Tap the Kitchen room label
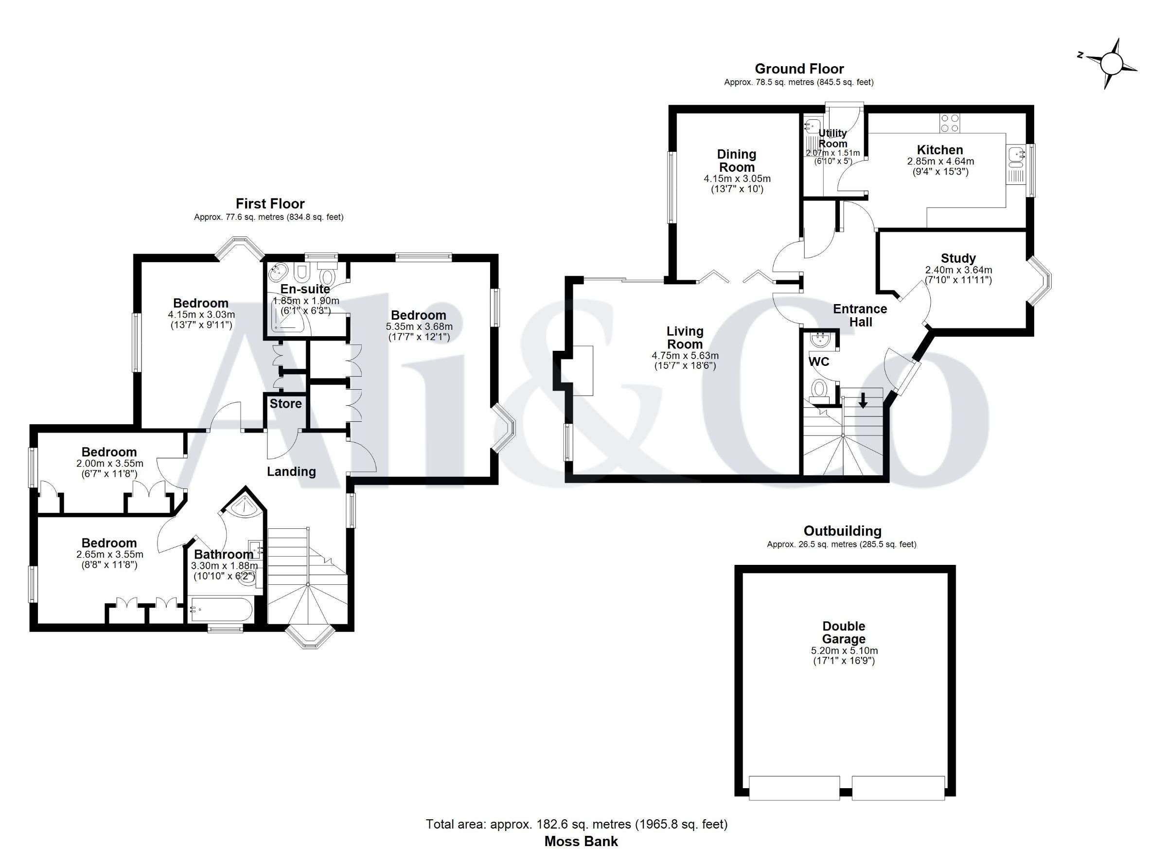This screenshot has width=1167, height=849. pyautogui.click(x=940, y=150)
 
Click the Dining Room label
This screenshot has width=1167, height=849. pyautogui.click(x=737, y=161)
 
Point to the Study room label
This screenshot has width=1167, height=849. pyautogui.click(x=958, y=258)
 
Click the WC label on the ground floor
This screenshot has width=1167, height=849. pyautogui.click(x=819, y=361)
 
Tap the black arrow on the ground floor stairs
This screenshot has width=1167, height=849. pyautogui.click(x=863, y=400)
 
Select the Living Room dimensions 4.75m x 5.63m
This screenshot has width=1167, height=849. pyautogui.click(x=685, y=355)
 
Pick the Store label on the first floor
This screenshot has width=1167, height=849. pyautogui.click(x=285, y=403)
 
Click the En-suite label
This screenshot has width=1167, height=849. pyautogui.click(x=305, y=289)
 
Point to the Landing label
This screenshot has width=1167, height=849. pyautogui.click(x=291, y=471)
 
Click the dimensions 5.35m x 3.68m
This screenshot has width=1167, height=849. pyautogui.click(x=419, y=326)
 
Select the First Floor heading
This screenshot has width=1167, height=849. pyautogui.click(x=270, y=203)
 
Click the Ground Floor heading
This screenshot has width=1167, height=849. pyautogui.click(x=799, y=69)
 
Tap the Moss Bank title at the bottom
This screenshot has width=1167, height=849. pyautogui.click(x=581, y=841)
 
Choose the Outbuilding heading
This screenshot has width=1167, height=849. pyautogui.click(x=842, y=530)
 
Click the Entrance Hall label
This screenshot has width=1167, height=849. pyautogui.click(x=860, y=315)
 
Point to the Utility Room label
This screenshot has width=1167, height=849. pyautogui.click(x=832, y=138)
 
